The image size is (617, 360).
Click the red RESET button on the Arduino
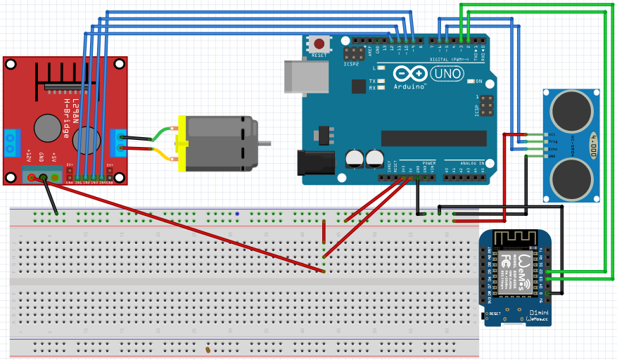click(x=320, y=43)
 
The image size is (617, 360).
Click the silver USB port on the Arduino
click(x=305, y=75)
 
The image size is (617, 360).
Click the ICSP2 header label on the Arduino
click(x=351, y=63)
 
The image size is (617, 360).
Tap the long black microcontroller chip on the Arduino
click(x=434, y=138)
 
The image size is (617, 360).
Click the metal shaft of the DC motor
click(x=265, y=143)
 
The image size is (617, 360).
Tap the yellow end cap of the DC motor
click(x=182, y=144)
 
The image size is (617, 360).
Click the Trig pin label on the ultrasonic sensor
click(x=552, y=141)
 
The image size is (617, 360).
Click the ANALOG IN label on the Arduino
click(x=473, y=162)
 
